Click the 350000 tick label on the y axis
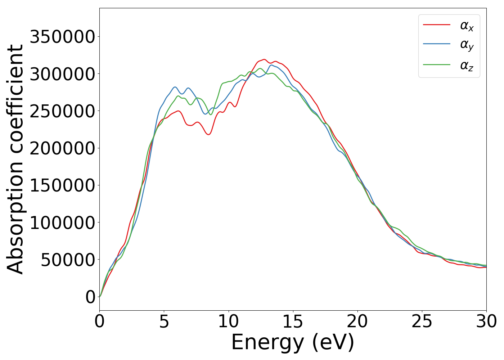pos(62,37)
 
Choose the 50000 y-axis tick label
pos(68,260)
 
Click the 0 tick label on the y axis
pos(90,297)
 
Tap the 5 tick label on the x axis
pos(164,321)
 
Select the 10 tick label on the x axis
pos(229,321)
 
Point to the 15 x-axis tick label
pos(293,321)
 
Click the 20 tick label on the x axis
pos(357,321)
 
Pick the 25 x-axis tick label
pos(422,321)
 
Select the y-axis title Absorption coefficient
pos(15,159)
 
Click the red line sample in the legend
pos(436,24)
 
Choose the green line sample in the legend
pos(436,65)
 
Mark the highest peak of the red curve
pos(264,59)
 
